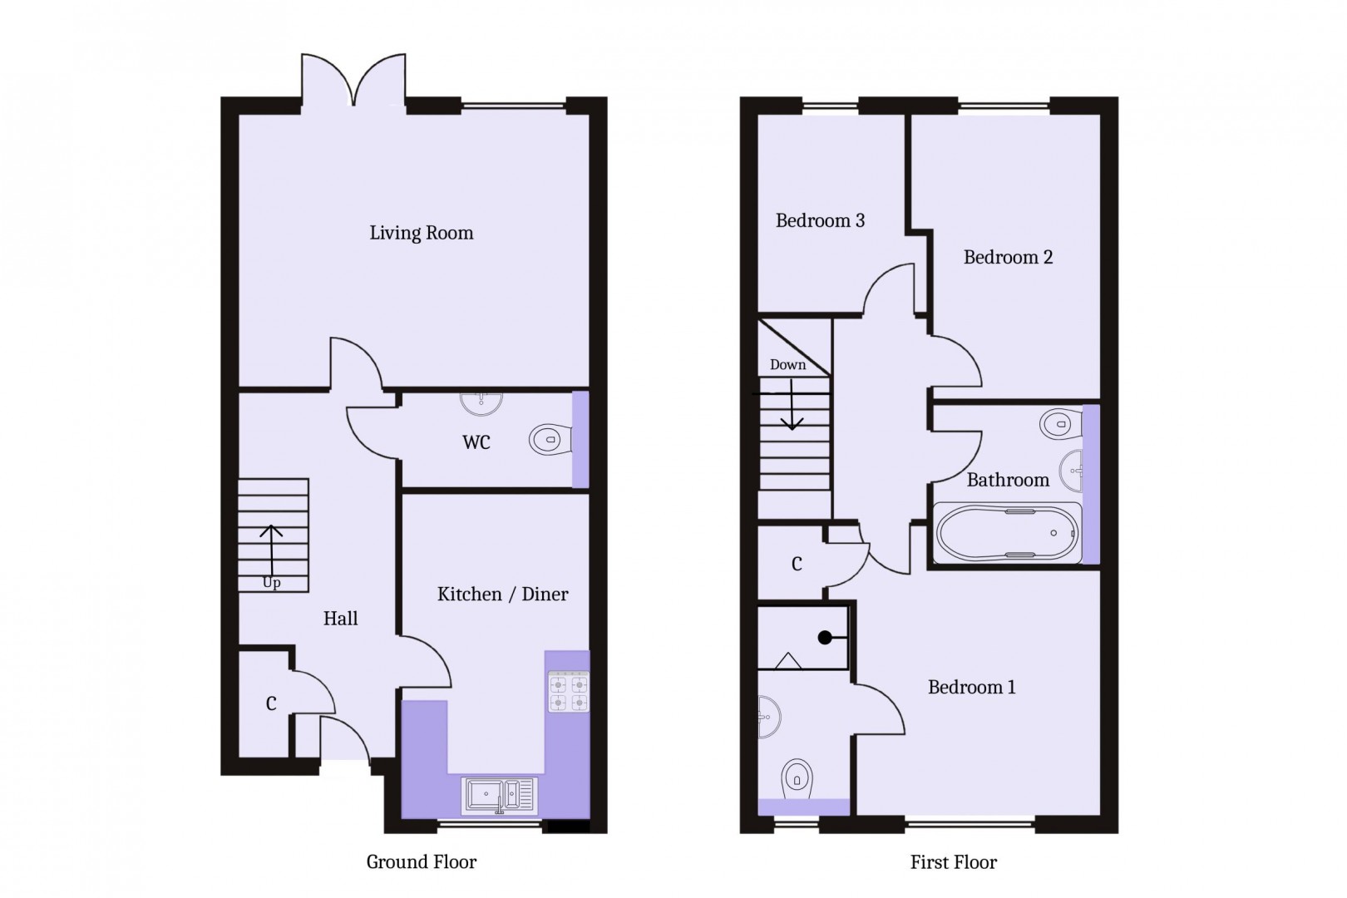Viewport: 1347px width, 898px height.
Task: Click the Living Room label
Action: [421, 233]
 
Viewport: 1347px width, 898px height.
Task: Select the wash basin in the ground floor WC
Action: [481, 402]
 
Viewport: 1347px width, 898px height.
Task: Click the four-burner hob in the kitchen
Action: [568, 693]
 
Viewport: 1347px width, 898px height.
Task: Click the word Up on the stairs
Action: [272, 583]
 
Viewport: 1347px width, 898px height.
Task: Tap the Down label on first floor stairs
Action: [787, 365]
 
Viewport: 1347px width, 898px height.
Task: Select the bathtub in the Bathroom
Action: [1008, 533]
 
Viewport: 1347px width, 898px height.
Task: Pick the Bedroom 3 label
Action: [820, 220]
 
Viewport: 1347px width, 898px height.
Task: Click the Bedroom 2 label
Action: [1008, 258]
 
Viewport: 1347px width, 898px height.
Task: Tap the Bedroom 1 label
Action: [971, 688]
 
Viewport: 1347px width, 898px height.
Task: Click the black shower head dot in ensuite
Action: [825, 638]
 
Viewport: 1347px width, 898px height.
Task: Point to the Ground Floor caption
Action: [421, 862]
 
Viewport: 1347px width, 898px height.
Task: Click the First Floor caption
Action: [953, 863]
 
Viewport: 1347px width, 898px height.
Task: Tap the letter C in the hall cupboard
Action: [271, 704]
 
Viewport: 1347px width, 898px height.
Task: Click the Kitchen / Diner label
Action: [502, 595]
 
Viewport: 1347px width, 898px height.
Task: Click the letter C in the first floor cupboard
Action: [797, 565]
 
